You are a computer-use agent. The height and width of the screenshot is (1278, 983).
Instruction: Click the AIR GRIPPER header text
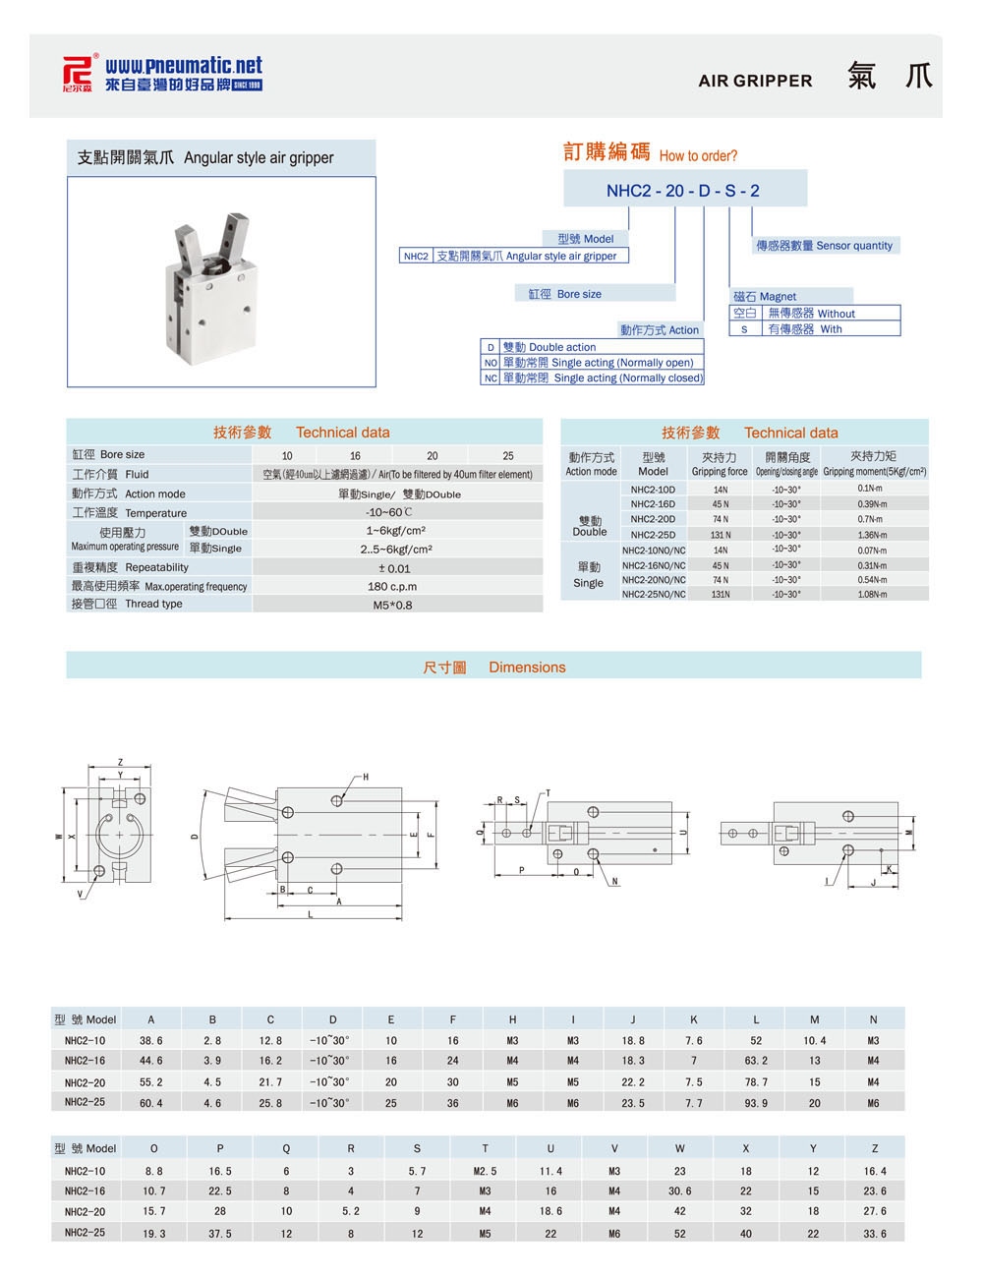coord(755,82)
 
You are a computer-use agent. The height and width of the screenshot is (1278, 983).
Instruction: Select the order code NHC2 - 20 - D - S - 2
coord(683,191)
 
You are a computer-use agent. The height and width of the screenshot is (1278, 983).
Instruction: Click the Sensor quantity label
coord(824,246)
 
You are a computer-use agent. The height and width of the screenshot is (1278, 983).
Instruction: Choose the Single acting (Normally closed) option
coord(602,378)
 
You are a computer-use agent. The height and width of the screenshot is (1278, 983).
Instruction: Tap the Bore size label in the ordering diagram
coord(565,294)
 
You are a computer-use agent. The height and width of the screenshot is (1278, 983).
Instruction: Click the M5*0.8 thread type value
coord(393,605)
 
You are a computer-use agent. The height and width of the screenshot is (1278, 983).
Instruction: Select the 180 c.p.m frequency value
coord(392,587)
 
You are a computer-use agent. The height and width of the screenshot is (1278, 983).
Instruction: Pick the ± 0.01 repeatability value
coord(394,568)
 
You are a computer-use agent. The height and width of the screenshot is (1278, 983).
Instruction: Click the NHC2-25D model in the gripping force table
coord(653,535)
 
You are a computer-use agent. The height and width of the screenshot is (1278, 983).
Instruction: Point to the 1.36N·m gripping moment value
coord(872,535)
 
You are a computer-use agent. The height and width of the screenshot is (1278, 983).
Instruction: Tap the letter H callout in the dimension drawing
coord(365,778)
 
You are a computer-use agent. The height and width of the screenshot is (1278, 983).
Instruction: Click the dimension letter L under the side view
coord(311,914)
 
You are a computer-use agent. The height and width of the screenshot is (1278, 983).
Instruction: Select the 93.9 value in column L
coord(756,1103)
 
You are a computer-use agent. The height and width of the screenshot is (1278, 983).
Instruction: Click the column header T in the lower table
coord(485,1148)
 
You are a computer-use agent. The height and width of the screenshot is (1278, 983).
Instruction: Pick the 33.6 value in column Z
coord(874,1234)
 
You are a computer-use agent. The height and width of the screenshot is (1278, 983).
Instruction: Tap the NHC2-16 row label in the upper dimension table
coord(85,1061)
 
